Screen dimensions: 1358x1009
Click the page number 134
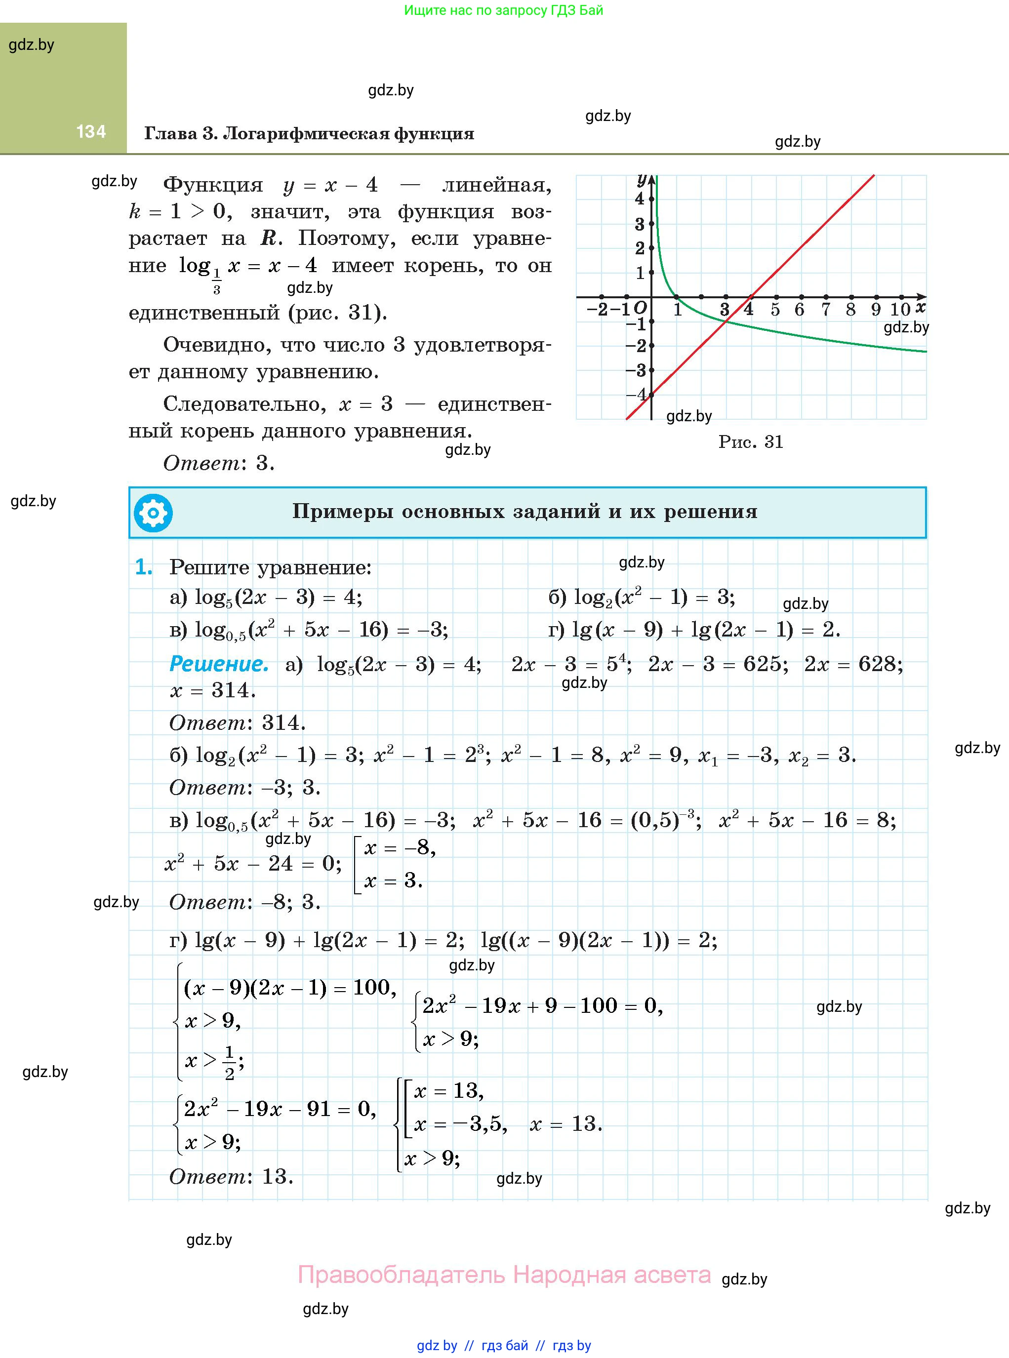pyautogui.click(x=91, y=131)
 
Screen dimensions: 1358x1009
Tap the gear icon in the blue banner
pyautogui.click(x=153, y=513)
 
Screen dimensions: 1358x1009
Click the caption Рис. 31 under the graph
pyautogui.click(x=751, y=442)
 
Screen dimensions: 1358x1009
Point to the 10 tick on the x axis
pyautogui.click(x=900, y=310)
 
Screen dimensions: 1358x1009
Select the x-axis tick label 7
pyautogui.click(x=825, y=310)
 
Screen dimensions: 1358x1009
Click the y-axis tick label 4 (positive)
pyautogui.click(x=640, y=199)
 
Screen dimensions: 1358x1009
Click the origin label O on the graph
pyautogui.click(x=640, y=308)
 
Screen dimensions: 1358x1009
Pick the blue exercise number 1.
pyautogui.click(x=144, y=568)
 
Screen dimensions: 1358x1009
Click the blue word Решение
pyautogui.click(x=219, y=664)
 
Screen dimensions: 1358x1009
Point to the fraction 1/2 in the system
pyautogui.click(x=230, y=1063)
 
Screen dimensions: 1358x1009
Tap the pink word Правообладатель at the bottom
pyautogui.click(x=402, y=1275)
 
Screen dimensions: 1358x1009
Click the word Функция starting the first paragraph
pyautogui.click(x=213, y=185)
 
